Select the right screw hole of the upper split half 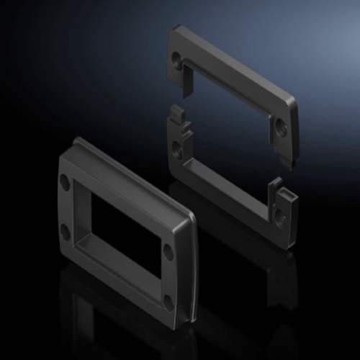tap(281, 127)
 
